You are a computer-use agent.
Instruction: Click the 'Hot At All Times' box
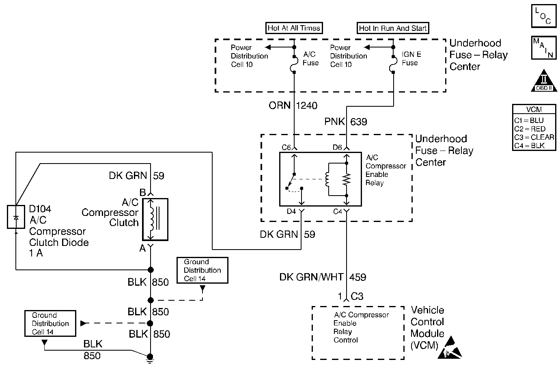tap(294, 28)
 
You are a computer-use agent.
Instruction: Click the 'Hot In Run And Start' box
tap(393, 28)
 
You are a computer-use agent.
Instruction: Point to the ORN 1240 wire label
tap(293, 106)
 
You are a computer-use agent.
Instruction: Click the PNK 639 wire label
tap(346, 122)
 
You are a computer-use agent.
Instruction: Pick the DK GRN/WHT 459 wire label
tap(323, 277)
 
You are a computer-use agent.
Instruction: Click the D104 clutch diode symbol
tap(16, 217)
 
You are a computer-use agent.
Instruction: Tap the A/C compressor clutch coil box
tap(155, 219)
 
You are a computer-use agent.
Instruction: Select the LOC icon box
tap(543, 16)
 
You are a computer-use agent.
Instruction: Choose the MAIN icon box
tap(543, 48)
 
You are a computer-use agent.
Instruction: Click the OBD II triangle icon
tap(543, 81)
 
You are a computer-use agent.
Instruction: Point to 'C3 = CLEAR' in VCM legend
tap(534, 137)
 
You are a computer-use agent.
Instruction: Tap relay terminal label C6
tap(286, 147)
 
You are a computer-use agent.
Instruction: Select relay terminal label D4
tap(291, 211)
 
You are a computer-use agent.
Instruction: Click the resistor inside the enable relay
tap(346, 179)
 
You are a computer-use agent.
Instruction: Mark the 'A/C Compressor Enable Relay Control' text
tap(361, 327)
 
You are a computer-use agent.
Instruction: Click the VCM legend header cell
tap(534, 109)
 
